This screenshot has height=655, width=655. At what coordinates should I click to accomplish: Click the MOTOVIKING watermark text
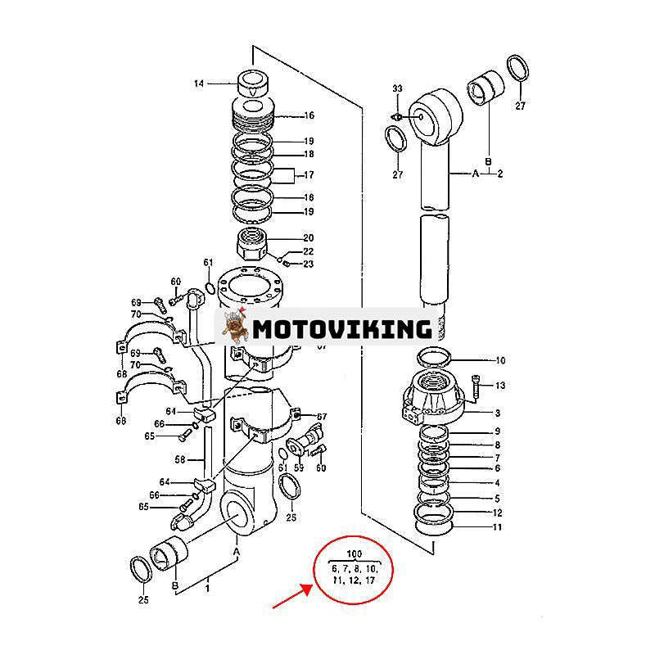(342, 329)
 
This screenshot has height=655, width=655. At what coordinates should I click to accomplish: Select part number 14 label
(198, 84)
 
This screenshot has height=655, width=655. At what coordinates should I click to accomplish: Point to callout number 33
(398, 88)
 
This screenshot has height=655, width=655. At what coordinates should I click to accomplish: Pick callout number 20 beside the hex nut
(286, 238)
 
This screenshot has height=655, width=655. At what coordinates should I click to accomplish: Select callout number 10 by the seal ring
(500, 360)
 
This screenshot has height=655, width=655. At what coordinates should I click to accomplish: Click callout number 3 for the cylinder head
(497, 413)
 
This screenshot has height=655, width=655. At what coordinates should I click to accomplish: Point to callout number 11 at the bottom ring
(497, 527)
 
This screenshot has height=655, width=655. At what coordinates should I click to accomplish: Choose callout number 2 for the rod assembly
(499, 174)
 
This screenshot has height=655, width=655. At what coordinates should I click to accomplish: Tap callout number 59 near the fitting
(299, 468)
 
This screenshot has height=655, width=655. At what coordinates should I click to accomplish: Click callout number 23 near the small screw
(309, 264)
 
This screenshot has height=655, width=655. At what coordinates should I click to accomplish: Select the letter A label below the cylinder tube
(237, 552)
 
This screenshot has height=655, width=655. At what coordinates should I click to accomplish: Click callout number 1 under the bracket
(207, 587)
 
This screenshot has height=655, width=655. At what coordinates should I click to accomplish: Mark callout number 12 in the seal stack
(497, 513)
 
